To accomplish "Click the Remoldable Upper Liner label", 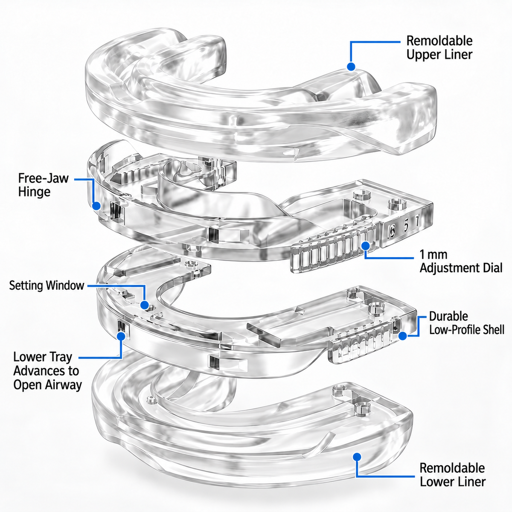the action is click(439, 48).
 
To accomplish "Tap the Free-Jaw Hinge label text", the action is click(44, 185).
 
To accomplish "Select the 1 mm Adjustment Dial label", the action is click(461, 262).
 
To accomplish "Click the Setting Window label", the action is click(47, 285).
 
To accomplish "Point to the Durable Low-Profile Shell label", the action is click(467, 323).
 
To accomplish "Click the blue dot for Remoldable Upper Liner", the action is click(351, 67).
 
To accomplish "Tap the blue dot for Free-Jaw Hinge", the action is click(96, 206).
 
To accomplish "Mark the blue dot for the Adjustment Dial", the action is click(366, 246).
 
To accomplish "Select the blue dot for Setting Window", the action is click(145, 305).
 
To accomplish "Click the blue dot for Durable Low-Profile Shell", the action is click(403, 336).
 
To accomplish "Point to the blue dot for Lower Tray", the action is click(121, 336).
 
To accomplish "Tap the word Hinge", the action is click(34, 192).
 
